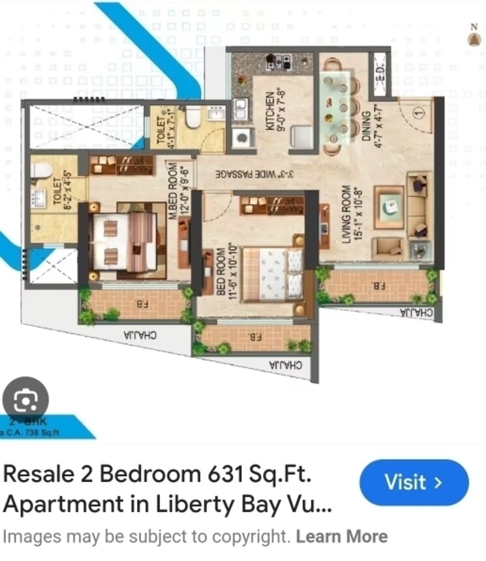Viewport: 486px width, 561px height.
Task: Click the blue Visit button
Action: (x=414, y=483)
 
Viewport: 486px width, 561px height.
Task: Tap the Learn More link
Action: (x=341, y=537)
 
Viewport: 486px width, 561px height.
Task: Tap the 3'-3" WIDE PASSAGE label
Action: (x=254, y=174)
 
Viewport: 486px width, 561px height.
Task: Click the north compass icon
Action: (x=474, y=37)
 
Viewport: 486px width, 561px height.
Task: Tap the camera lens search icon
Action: (x=25, y=399)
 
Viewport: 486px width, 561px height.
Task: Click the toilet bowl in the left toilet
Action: (x=41, y=170)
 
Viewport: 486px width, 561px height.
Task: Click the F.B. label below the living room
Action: (x=378, y=285)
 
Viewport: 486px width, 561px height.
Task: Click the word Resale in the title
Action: (x=35, y=475)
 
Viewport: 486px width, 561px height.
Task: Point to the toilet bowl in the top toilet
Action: (x=193, y=117)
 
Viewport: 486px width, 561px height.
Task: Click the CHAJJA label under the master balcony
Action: (x=139, y=334)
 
